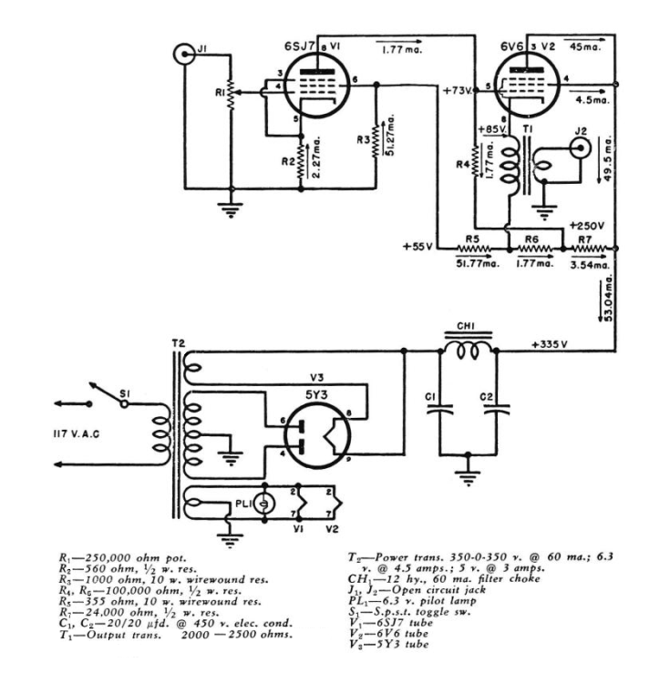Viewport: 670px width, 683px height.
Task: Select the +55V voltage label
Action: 418,247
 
